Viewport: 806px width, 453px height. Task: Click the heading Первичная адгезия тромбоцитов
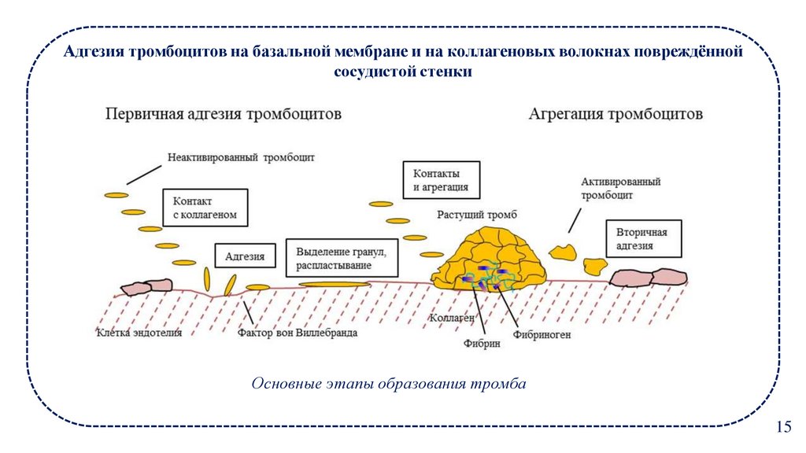[x=224, y=114]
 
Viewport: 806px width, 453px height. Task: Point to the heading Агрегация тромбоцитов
[x=615, y=114]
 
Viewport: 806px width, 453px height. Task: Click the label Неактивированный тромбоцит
[x=241, y=157]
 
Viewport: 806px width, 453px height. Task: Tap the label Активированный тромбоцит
[x=620, y=188]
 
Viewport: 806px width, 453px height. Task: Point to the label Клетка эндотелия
[x=139, y=333]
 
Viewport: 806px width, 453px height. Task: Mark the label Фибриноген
[x=542, y=335]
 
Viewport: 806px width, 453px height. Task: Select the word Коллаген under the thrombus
[x=452, y=319]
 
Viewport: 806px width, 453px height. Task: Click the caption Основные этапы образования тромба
[x=387, y=385]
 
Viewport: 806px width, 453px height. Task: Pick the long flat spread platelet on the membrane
[x=335, y=284]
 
